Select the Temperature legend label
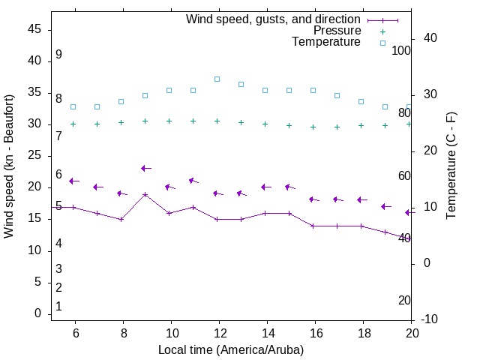(x=326, y=42)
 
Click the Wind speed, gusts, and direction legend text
(x=273, y=19)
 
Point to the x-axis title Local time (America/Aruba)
(x=231, y=349)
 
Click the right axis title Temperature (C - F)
(x=451, y=166)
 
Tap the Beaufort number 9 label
(x=58, y=55)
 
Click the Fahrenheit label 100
(x=402, y=51)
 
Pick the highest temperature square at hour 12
(x=217, y=79)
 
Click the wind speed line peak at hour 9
(x=145, y=194)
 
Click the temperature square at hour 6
(x=73, y=106)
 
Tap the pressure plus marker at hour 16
(x=313, y=127)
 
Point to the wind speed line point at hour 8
(x=121, y=219)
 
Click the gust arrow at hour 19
(x=385, y=206)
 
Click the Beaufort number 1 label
(x=58, y=307)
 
